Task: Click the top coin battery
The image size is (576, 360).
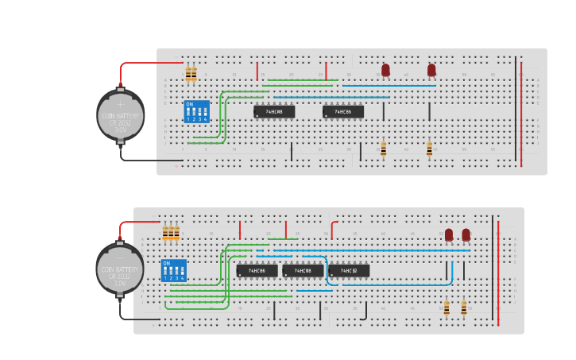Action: click(x=121, y=115)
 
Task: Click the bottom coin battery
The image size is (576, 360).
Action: click(x=120, y=269)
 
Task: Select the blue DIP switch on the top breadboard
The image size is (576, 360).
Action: click(x=197, y=111)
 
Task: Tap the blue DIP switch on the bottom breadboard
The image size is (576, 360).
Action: click(x=174, y=270)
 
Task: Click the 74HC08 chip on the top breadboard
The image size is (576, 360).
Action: click(x=274, y=112)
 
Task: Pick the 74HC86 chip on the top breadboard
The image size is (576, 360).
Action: click(x=343, y=112)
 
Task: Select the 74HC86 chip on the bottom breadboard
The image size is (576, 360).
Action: click(x=257, y=271)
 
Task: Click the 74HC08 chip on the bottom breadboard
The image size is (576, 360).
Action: click(x=303, y=271)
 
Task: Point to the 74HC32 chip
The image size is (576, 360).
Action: click(x=349, y=271)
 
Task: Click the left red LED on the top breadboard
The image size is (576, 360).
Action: click(x=385, y=70)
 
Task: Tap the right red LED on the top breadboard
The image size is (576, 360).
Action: click(x=431, y=70)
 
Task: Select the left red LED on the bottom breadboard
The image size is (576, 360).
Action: click(x=449, y=234)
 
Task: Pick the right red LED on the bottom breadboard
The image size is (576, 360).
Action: click(x=466, y=234)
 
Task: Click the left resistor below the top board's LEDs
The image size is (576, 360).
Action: click(x=384, y=149)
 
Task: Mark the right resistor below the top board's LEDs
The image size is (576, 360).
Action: click(x=430, y=149)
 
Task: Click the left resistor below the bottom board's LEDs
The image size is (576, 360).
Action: click(x=446, y=308)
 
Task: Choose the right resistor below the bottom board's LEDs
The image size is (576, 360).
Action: click(x=464, y=308)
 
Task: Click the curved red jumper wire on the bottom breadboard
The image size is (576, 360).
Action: click(x=333, y=228)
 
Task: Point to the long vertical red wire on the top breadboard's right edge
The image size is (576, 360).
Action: click(x=521, y=111)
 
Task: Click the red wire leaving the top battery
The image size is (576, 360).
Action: click(x=143, y=63)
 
